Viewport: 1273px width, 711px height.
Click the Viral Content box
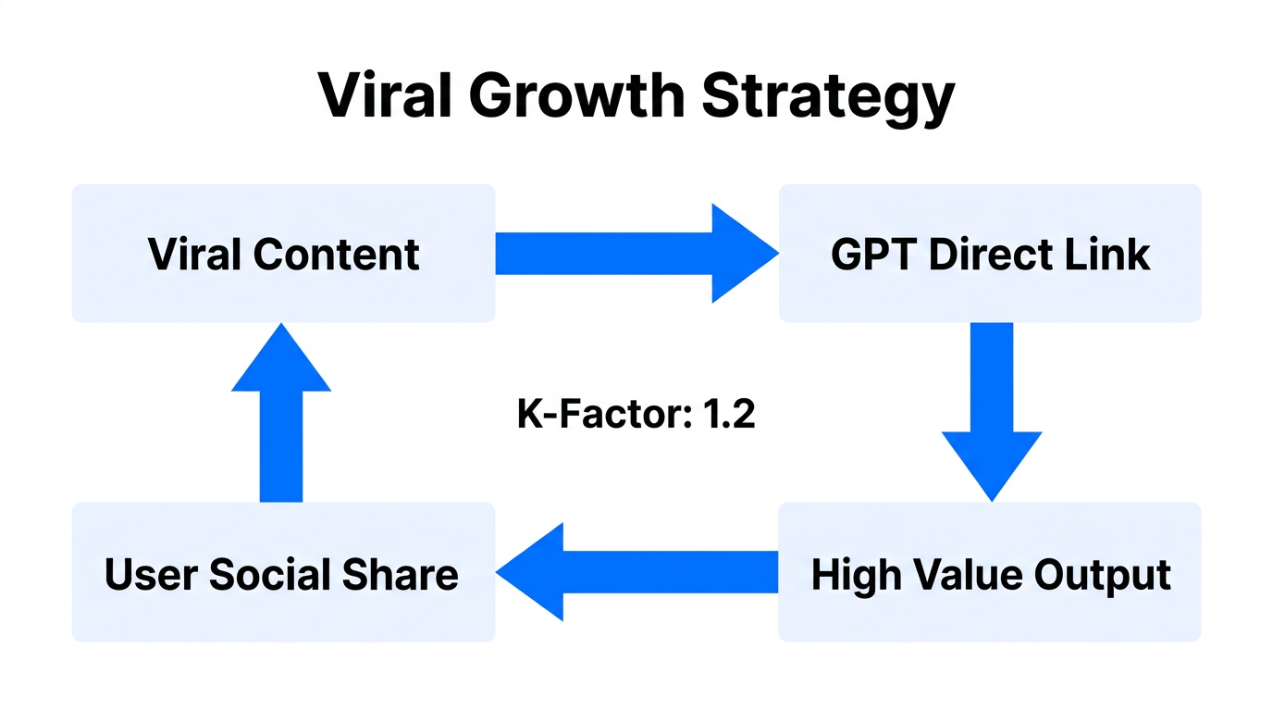point(283,254)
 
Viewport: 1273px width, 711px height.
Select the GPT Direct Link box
point(990,254)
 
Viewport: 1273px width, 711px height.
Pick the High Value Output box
point(990,573)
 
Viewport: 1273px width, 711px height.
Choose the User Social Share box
point(283,573)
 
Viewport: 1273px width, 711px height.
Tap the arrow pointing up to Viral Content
point(281,413)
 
